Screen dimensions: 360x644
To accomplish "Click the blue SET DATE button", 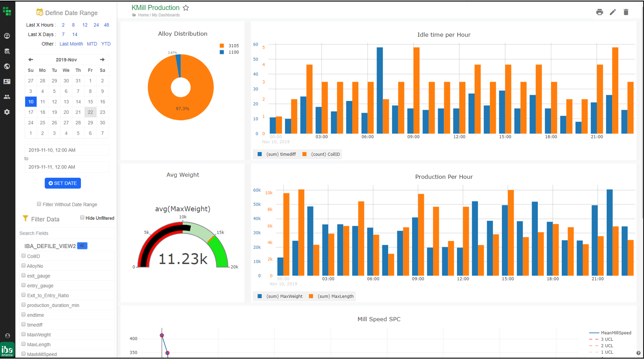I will click(x=63, y=183).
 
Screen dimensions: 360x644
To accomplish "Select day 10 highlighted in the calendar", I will click(x=31, y=102).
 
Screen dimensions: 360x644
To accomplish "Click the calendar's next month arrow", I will click(x=102, y=60).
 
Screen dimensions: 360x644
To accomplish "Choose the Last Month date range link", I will click(x=71, y=44).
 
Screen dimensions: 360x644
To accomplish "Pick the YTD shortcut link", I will click(x=106, y=44).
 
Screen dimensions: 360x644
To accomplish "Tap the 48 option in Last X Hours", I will click(x=107, y=25).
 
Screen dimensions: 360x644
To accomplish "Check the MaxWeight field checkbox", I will click(x=23, y=334).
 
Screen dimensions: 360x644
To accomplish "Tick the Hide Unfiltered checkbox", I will click(x=82, y=218).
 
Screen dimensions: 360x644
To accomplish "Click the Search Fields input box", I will click(x=67, y=233).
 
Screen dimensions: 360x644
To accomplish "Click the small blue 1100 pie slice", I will click(x=178, y=63).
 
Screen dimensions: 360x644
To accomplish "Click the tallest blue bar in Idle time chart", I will click(x=379, y=90).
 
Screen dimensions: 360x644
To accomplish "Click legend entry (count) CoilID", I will click(x=321, y=154).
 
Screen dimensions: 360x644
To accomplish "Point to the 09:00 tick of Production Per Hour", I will click(x=418, y=279).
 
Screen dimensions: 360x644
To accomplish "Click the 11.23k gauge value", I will click(x=183, y=259).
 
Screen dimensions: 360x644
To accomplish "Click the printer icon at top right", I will click(x=599, y=12).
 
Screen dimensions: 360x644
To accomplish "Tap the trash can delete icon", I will click(x=626, y=12).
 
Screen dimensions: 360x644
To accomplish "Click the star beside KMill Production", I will click(x=186, y=8).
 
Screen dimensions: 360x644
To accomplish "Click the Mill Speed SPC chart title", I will click(x=379, y=319).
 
